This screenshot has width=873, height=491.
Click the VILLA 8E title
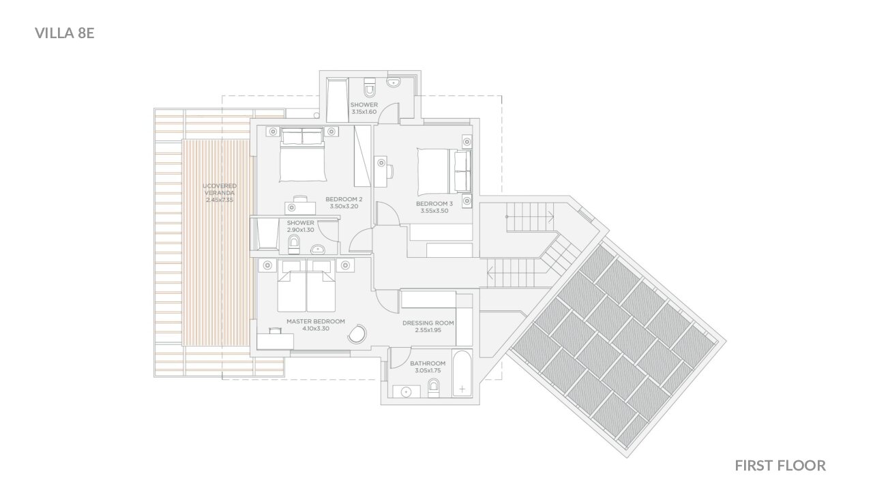(x=65, y=33)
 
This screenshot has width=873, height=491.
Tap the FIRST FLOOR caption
(x=780, y=466)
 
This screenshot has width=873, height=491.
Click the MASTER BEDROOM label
(x=316, y=321)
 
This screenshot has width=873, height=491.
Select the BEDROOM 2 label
(x=344, y=200)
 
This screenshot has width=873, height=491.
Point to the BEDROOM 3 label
(x=434, y=204)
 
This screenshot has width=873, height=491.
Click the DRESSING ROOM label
(x=428, y=323)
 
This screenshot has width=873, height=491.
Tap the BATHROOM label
(x=428, y=363)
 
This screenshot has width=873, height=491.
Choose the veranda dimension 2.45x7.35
(x=220, y=200)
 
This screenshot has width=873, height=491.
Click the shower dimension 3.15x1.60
(x=364, y=112)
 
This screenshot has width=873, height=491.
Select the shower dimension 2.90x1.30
(x=301, y=230)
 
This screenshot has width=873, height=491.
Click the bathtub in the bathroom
(x=462, y=373)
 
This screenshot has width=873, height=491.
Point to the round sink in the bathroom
(x=406, y=391)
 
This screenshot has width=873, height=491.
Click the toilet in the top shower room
(x=369, y=87)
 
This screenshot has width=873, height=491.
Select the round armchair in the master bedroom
(x=357, y=334)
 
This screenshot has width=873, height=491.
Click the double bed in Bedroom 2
(x=302, y=155)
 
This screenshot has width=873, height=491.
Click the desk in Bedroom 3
(x=381, y=171)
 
